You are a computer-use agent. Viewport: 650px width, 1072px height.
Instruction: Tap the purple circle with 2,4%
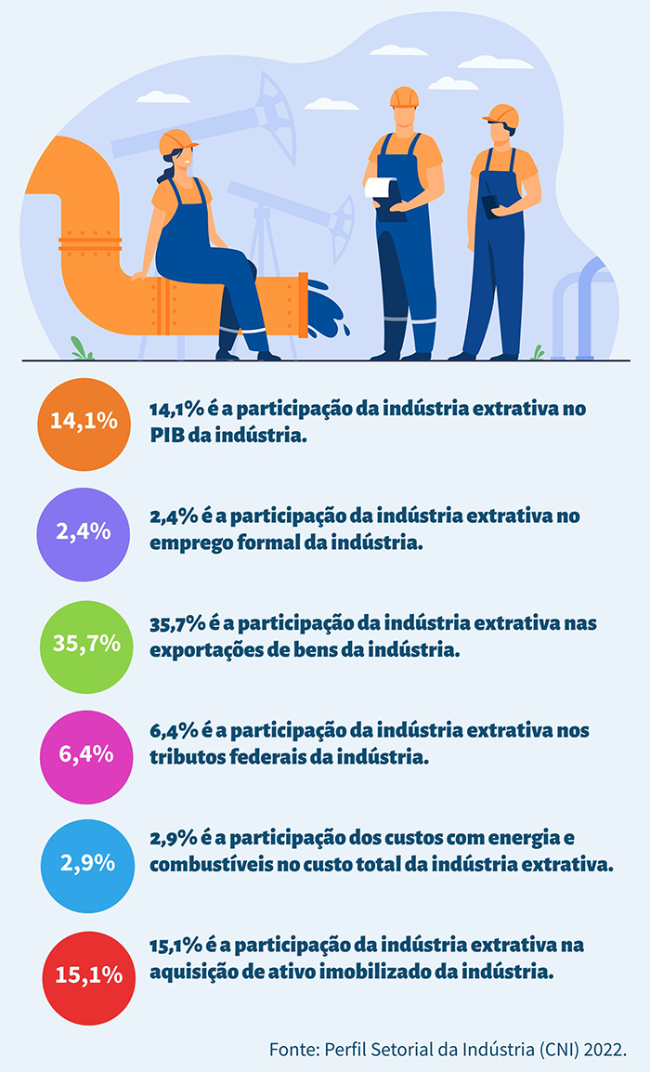click(x=84, y=532)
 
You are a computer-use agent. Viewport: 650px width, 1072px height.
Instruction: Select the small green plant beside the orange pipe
click(x=83, y=350)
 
